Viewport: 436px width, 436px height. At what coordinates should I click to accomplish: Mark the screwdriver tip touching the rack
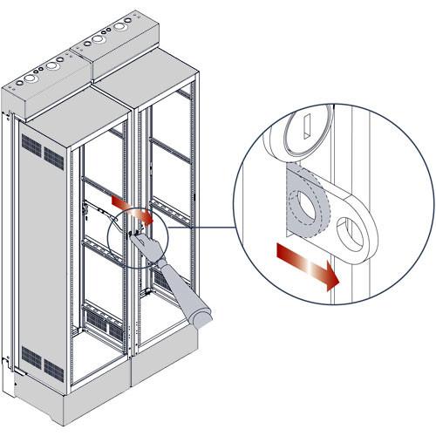click(x=136, y=235)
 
